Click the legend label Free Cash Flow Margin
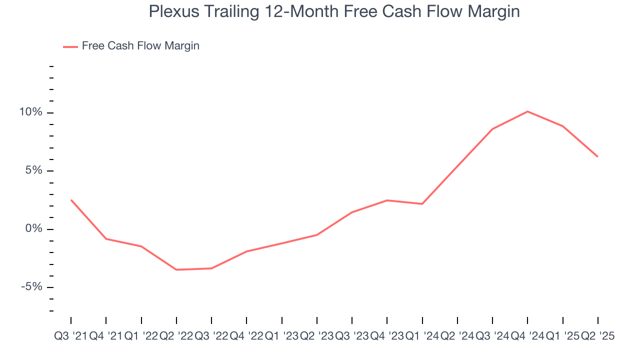coord(140,46)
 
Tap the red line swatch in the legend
coord(70,46)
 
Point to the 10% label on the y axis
coord(30,112)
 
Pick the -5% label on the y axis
coord(31,287)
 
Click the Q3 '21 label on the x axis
coord(70,336)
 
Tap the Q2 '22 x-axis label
coord(176,336)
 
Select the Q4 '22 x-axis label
coord(246,336)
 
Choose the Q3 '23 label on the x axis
coord(352,336)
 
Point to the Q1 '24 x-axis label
coord(422,336)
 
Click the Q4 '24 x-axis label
coord(528,336)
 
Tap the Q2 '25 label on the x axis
coord(597,336)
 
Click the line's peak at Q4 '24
coord(528,111)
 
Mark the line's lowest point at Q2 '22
coord(176,270)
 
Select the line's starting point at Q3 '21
coord(71,200)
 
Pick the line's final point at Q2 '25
coord(598,157)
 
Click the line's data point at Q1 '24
coord(422,204)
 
